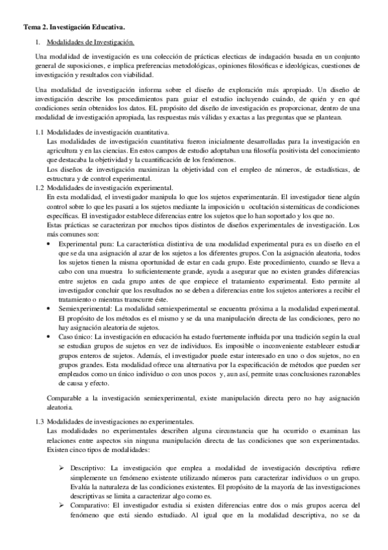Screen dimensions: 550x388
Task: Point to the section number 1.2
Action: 40,187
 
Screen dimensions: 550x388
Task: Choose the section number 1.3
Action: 40,422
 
